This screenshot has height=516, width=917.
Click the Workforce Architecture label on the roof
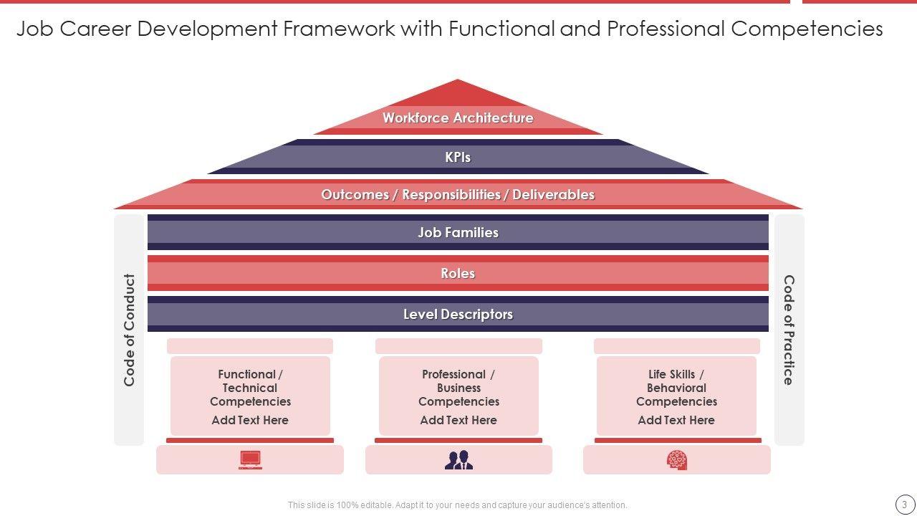click(458, 118)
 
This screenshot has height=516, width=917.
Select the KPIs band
click(458, 157)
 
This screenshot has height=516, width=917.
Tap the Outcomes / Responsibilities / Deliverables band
click(458, 194)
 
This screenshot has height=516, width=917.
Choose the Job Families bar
click(458, 232)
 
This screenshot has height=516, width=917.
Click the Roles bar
click(458, 273)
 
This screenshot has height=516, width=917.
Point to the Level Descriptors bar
click(458, 314)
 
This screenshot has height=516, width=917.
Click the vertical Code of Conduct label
click(130, 330)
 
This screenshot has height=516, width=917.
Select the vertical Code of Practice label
click(789, 330)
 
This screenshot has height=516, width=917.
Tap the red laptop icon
click(250, 460)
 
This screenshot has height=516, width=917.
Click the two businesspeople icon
click(458, 460)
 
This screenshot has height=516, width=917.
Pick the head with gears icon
click(676, 460)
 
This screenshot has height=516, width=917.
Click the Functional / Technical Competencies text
click(250, 388)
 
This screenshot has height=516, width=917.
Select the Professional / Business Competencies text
click(458, 388)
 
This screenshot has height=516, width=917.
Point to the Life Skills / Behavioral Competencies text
click(676, 388)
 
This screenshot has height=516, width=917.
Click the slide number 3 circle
click(904, 505)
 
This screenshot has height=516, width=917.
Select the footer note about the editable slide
click(458, 505)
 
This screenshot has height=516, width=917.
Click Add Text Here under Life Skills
click(676, 421)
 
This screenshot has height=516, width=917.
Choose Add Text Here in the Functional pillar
click(250, 421)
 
